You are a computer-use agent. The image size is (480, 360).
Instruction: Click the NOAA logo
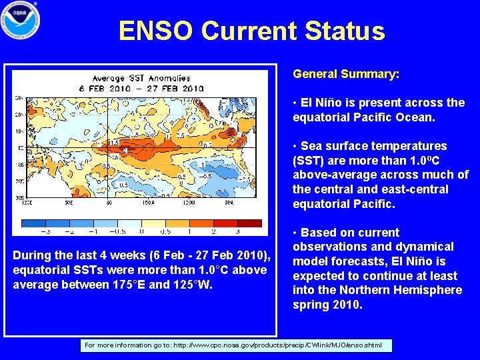21,21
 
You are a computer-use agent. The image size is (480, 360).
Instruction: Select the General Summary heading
346,74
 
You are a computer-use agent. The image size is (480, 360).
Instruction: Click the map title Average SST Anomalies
141,79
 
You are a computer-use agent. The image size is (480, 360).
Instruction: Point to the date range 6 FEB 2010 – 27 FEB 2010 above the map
141,88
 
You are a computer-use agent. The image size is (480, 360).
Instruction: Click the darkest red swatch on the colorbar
249,223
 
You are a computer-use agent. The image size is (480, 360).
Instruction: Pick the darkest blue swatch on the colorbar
34,223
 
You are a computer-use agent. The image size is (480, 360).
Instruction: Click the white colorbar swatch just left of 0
129,223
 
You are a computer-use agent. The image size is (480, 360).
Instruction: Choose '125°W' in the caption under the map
195,285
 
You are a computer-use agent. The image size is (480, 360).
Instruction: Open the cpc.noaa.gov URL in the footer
279,345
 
